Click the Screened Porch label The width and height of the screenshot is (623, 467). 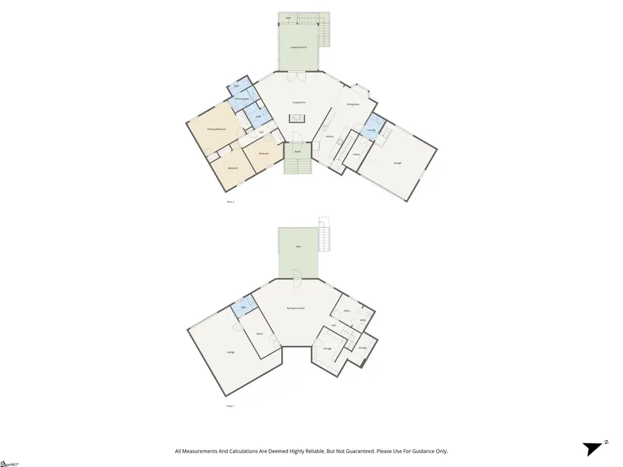299,47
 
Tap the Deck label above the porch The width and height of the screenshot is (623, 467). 289,17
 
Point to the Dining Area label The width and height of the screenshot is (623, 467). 353,104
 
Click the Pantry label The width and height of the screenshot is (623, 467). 355,154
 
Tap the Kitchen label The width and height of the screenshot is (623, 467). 329,136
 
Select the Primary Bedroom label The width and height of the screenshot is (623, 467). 217,129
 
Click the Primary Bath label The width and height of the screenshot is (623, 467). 242,99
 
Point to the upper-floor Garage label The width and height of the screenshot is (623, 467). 397,163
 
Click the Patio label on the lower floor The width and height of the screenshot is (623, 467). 298,246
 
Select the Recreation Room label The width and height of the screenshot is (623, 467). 297,308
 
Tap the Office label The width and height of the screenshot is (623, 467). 347,311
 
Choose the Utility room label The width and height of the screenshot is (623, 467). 363,320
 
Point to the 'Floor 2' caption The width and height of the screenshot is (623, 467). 231,201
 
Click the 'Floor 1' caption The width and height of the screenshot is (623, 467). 231,406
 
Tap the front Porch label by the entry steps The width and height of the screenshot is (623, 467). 297,151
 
